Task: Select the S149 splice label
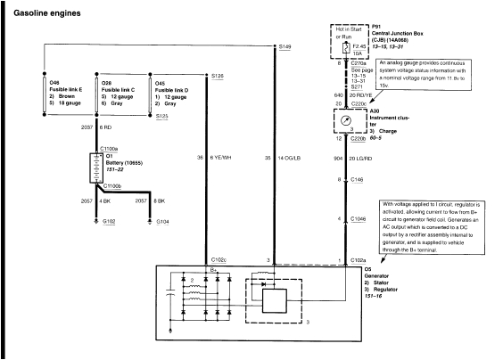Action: tap(284, 45)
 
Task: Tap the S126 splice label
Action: tap(218, 77)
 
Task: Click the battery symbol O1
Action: tap(94, 167)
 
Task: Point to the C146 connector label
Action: tap(359, 180)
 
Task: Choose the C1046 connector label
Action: tap(360, 218)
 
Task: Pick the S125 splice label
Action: tap(162, 116)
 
